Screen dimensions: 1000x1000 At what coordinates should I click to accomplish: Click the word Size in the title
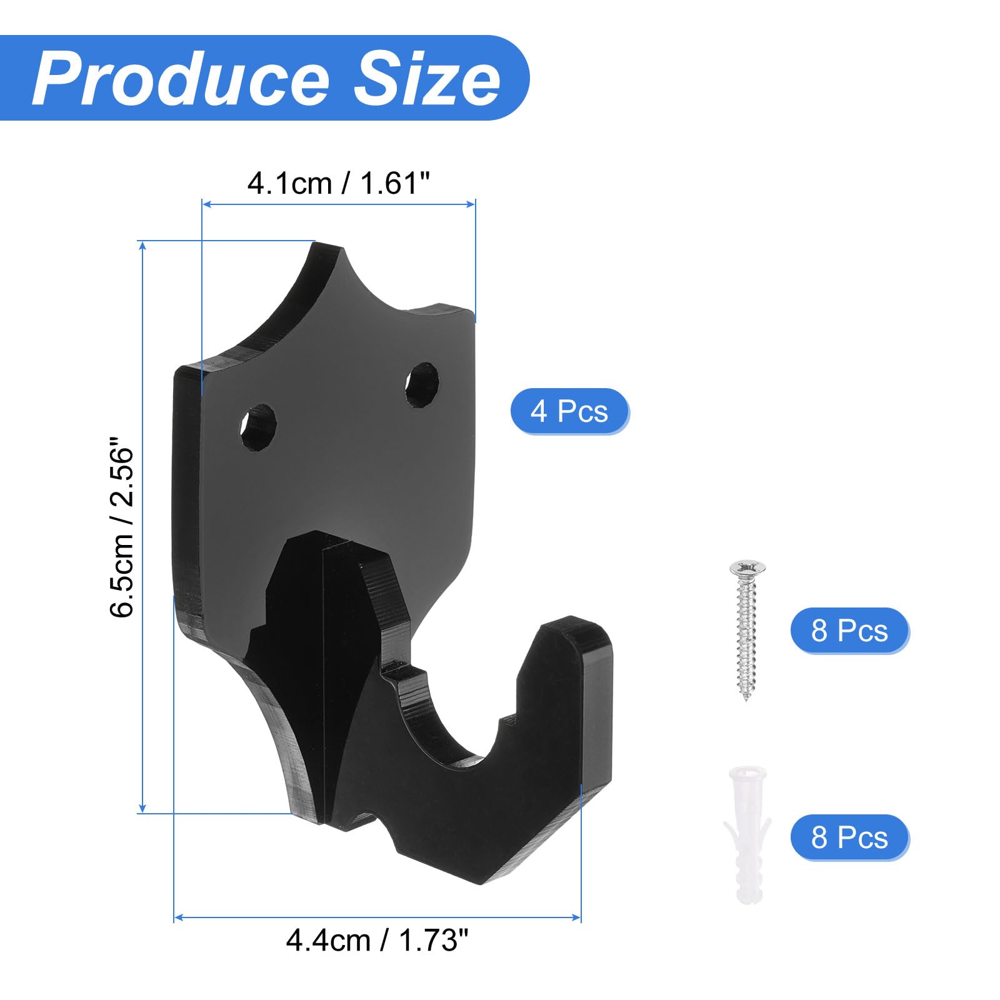tap(427, 79)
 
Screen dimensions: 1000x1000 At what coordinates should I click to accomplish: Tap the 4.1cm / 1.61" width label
tap(338, 184)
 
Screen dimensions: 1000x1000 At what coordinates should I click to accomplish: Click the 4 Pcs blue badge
tap(569, 411)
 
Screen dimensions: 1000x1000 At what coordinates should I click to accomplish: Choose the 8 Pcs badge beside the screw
tap(849, 630)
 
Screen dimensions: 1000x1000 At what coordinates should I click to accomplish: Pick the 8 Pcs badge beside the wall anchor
tap(849, 837)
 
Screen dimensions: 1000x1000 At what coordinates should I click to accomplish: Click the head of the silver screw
tap(747, 568)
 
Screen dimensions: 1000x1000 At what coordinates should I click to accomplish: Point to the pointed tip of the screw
tap(746, 698)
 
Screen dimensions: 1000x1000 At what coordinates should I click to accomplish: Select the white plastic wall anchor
tap(747, 835)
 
